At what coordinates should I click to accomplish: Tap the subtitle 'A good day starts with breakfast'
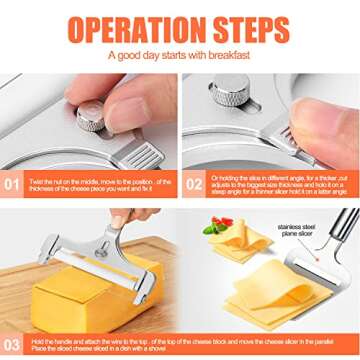point(180,55)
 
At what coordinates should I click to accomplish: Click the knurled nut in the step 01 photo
point(91,117)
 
